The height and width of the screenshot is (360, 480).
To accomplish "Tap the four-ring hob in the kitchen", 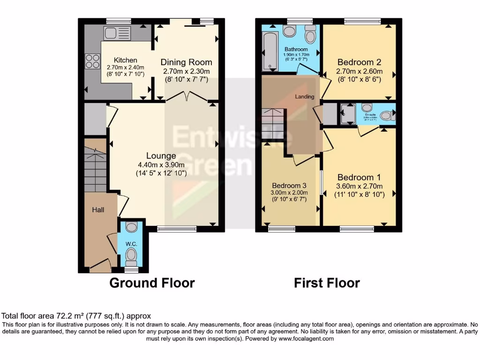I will (x=92, y=61).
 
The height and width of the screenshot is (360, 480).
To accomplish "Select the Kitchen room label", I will (x=126, y=60).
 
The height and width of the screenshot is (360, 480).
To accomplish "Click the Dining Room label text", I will (x=186, y=62).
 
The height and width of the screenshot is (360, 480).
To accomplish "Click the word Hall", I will (x=97, y=210).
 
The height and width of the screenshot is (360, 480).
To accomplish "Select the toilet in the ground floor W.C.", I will (x=131, y=257).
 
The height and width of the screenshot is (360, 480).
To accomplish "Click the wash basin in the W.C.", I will (x=132, y=227).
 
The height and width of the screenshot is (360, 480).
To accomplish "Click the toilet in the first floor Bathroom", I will (x=310, y=35).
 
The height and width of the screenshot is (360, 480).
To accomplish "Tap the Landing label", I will (x=304, y=96).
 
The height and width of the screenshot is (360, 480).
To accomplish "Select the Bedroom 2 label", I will (x=359, y=62).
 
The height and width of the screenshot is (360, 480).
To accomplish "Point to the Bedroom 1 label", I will (x=359, y=178).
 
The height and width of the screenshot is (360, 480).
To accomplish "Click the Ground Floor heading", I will (x=152, y=283).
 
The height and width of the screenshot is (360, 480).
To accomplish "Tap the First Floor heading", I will (x=327, y=283).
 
